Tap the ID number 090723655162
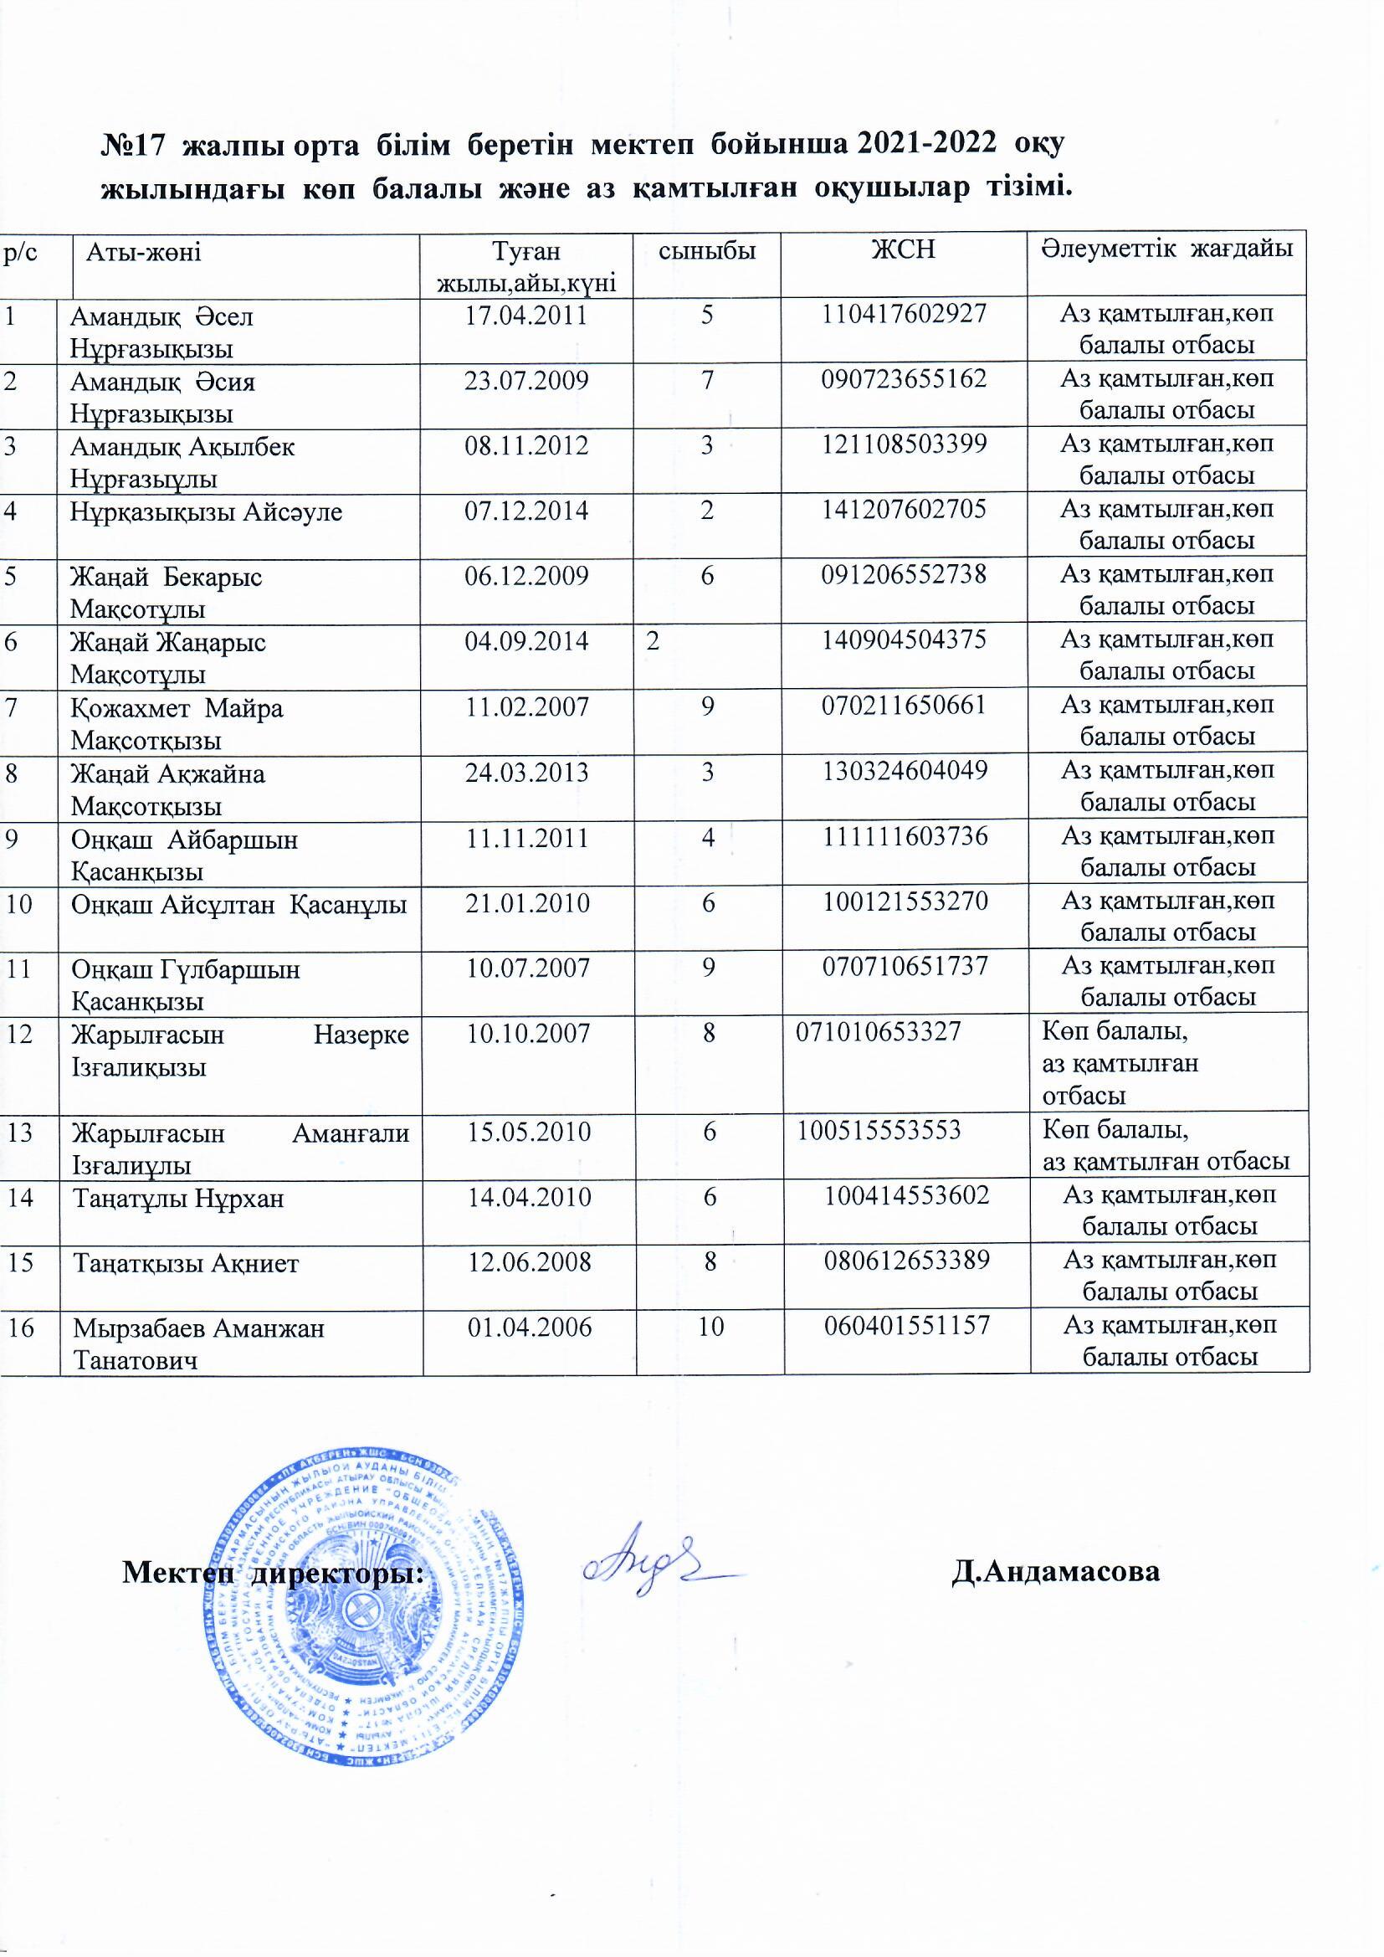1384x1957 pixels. [904, 379]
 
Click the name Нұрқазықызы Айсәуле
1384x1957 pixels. [207, 511]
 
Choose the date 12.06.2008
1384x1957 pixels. [529, 1261]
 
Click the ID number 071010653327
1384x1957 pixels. [878, 1033]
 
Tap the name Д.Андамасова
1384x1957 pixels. [1055, 1570]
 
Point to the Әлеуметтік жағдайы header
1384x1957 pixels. [1165, 249]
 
